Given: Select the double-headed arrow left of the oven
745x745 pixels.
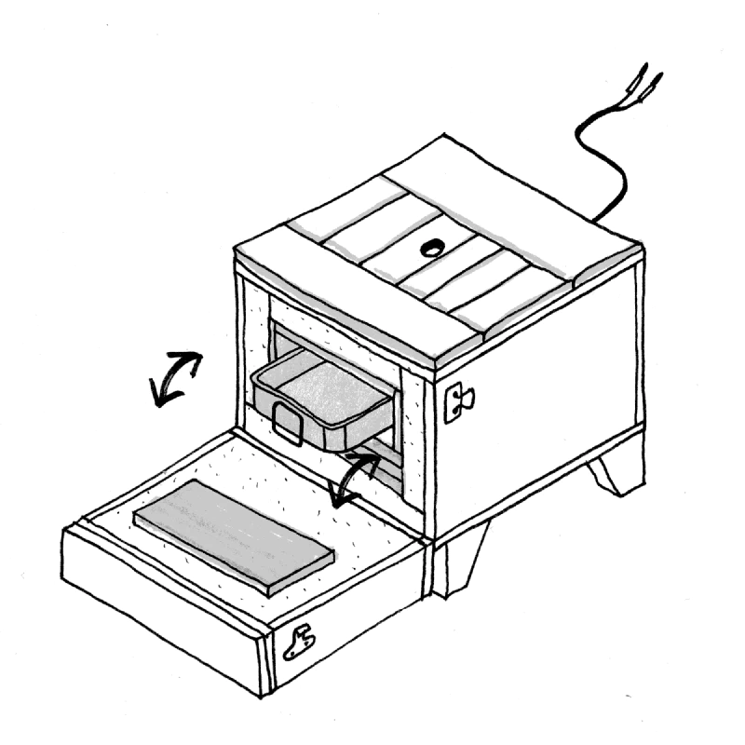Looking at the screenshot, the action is coord(177,378).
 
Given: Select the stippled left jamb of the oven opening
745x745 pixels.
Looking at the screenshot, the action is coord(253,345).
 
